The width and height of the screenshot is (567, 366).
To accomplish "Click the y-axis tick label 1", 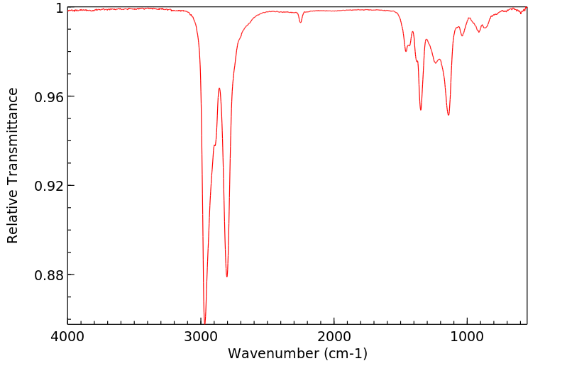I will [60, 8].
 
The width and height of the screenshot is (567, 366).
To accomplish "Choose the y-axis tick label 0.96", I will [50, 96].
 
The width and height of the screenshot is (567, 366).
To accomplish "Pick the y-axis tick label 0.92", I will [50, 186].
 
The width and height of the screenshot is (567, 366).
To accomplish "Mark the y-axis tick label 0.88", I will [50, 274].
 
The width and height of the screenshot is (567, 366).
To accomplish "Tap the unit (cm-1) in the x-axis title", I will [345, 353].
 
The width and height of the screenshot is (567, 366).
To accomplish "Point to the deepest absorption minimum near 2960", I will [204, 322].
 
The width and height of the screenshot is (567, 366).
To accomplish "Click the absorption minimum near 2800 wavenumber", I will [227, 277].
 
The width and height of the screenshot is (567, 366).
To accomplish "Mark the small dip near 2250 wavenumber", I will [300, 22].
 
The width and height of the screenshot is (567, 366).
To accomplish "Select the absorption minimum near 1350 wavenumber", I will [421, 110].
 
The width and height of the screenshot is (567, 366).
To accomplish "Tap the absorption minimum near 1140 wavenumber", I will [448, 115].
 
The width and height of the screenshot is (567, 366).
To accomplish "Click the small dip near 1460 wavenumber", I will [406, 51].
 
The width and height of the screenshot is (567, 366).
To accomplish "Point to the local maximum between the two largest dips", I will [219, 88].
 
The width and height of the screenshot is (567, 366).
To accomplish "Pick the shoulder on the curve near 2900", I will [214, 145].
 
